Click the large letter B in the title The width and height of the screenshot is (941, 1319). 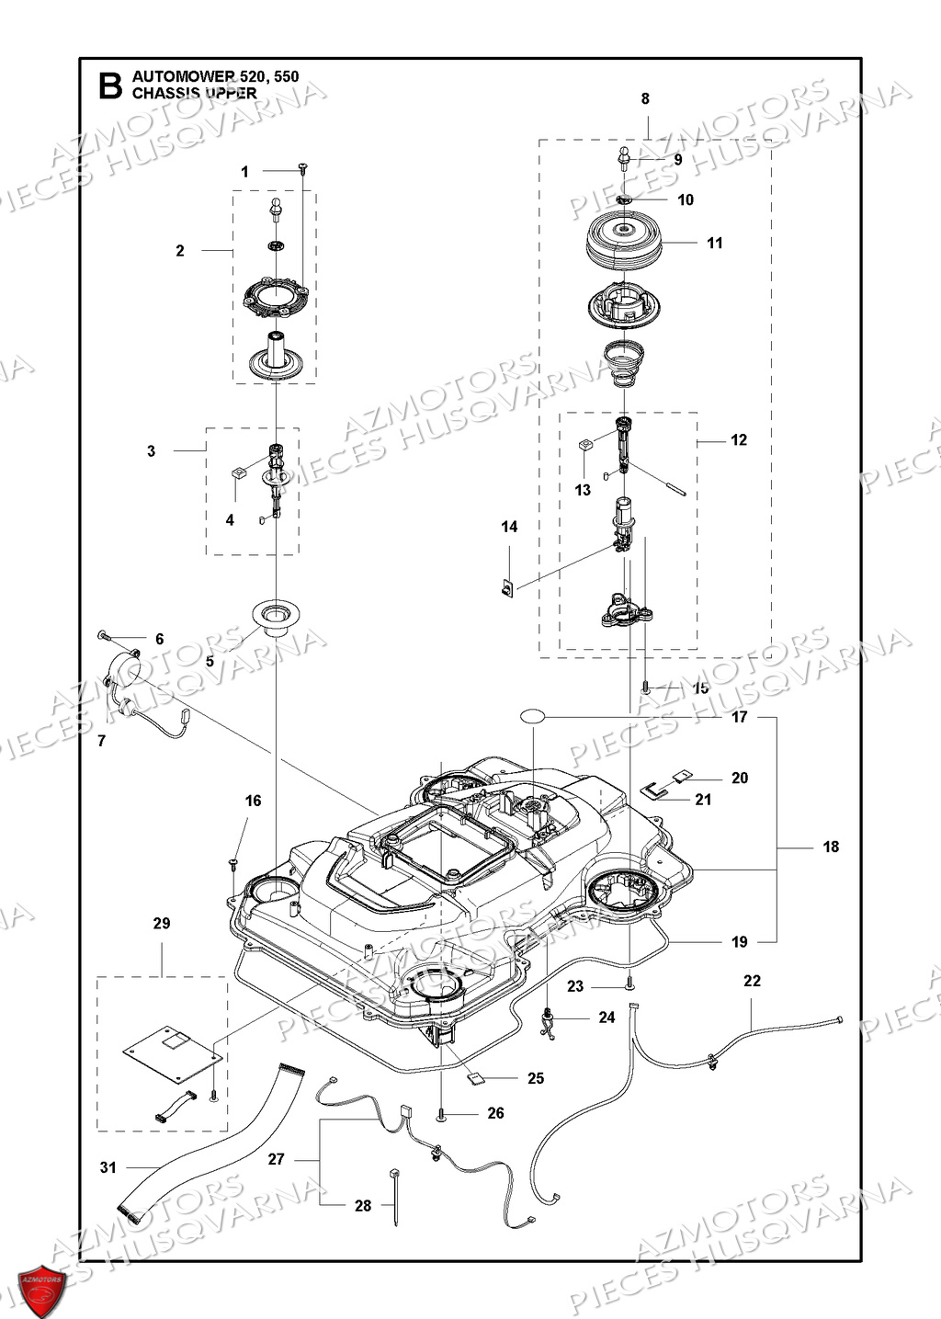point(109,85)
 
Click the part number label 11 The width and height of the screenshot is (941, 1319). point(715,243)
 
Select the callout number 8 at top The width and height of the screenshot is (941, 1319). point(645,98)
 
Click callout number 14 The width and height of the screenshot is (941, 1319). point(509,527)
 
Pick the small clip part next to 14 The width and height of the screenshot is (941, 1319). point(507,586)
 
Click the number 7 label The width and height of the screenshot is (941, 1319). point(101,740)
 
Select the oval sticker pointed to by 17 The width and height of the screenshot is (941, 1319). point(533,715)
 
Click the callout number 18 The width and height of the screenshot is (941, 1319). point(831,847)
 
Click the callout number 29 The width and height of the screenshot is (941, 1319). point(162,923)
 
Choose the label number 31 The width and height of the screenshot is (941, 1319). point(108,1167)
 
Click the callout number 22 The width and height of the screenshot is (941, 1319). point(752,981)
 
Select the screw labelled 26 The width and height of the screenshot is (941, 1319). point(442,1113)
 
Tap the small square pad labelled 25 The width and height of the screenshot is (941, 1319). point(477,1077)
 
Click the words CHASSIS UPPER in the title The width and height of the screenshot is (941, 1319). point(194,93)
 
